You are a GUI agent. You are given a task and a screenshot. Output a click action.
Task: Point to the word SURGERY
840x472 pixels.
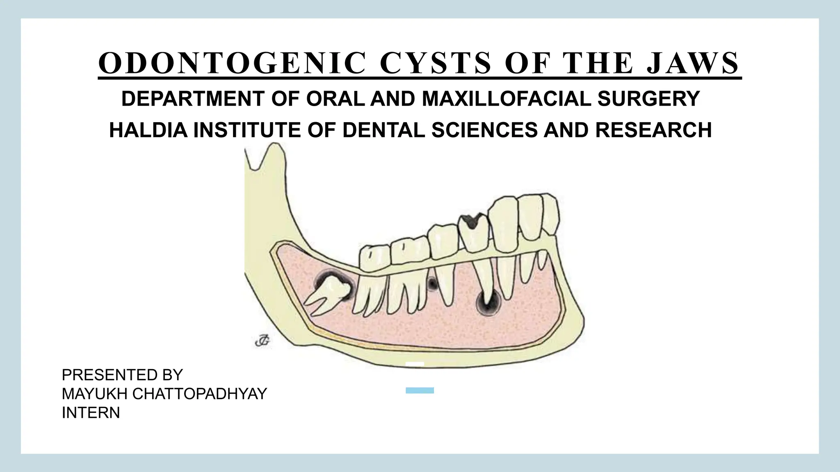[648, 99]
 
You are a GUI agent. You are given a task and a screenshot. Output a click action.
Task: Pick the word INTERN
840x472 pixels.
[91, 413]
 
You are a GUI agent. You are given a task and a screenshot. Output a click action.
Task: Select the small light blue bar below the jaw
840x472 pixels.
[420, 390]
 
